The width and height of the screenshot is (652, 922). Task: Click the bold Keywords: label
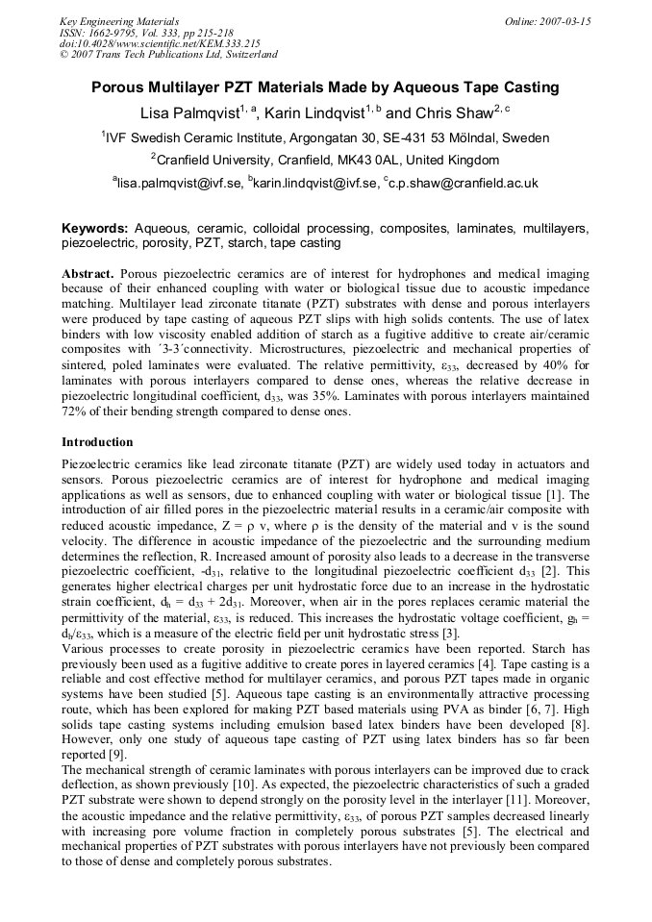click(x=95, y=230)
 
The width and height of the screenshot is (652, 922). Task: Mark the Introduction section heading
click(x=97, y=442)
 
